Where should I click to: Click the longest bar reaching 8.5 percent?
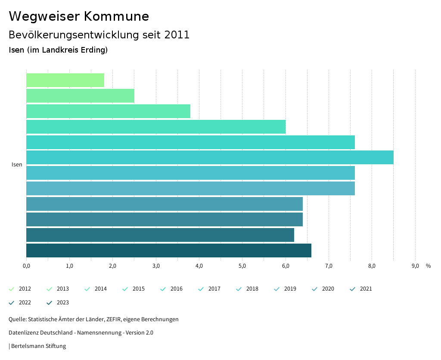point(210,157)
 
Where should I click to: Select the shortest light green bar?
point(65,80)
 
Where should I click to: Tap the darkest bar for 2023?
point(168,250)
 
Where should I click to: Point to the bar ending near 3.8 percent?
point(108,111)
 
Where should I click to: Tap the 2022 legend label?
point(25,303)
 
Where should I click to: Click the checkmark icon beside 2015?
point(125,289)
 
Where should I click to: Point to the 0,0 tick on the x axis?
point(26,266)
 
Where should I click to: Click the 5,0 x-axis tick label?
point(242,266)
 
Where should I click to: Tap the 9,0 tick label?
point(415,266)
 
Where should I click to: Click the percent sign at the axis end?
point(428,266)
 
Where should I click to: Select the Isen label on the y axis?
point(17,165)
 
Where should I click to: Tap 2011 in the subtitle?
point(177,35)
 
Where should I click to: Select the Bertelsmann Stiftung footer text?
point(38,346)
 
